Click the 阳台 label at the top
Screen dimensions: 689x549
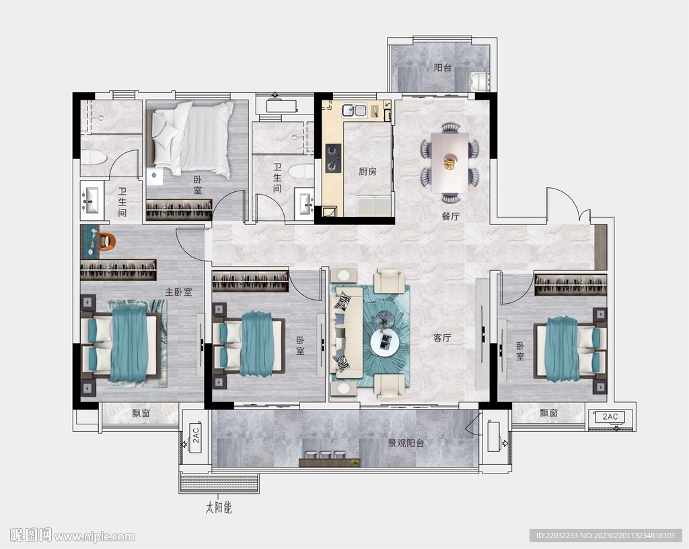click(443, 68)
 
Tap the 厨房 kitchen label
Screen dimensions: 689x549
click(367, 172)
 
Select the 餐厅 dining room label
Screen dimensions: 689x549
click(450, 216)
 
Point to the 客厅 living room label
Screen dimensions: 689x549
click(442, 338)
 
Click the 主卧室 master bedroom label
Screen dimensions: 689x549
click(178, 292)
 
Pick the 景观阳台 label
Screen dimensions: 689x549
click(406, 443)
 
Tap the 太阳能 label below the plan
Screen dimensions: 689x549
click(219, 508)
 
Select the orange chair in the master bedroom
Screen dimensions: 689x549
click(107, 241)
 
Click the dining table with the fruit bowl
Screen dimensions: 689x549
click(449, 162)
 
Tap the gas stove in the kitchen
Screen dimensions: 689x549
click(332, 158)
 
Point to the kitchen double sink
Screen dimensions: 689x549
click(355, 110)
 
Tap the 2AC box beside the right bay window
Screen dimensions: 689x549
click(610, 416)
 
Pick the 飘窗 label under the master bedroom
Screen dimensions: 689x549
click(141, 413)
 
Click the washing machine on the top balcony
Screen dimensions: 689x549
click(479, 82)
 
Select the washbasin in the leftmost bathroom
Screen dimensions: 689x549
click(92, 201)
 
